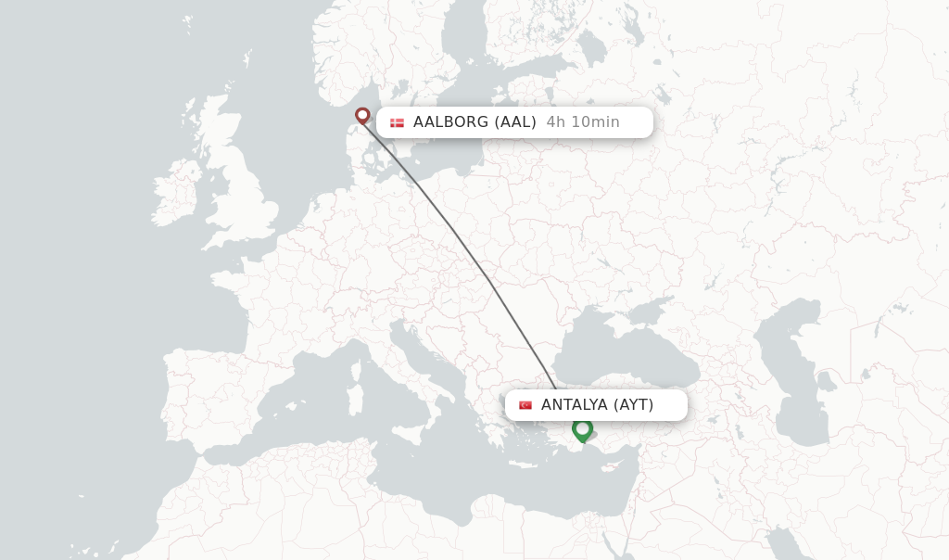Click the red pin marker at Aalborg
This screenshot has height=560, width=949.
coord(362,115)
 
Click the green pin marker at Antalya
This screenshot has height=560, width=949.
coord(582,429)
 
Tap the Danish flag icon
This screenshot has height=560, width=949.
coord(397,122)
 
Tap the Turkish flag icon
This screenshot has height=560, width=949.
coord(525,405)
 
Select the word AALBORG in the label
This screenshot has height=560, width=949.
coord(450,121)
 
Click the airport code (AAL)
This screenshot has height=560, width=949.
coord(515,121)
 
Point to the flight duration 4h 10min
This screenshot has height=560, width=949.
coord(583,121)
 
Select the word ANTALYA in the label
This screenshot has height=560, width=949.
coord(574,404)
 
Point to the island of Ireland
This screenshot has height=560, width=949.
coord(175,194)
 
